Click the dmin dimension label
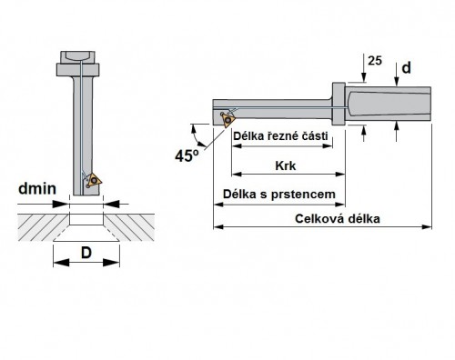pos(37,188)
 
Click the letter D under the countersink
pos(86,253)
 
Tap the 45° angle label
pos(187,155)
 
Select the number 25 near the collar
pos(375,61)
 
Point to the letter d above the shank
pos(406,68)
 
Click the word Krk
pos(286,165)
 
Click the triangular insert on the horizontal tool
pos(228,120)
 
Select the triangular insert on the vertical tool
pos(94,180)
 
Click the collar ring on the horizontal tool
pos(339,104)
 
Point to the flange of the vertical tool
pos(78,70)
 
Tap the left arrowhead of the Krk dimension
pos(237,174)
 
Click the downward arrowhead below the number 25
pos(363,78)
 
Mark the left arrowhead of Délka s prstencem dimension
pos(219,205)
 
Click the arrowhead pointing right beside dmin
pos(61,204)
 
